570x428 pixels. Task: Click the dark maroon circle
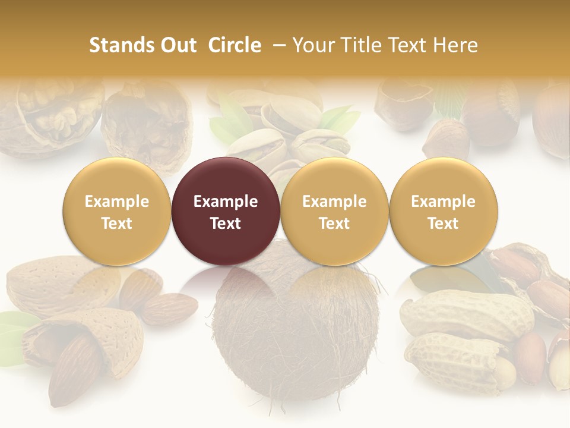coord(226,211)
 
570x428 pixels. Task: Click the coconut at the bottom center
coord(295,333)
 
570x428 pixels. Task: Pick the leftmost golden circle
coord(117,211)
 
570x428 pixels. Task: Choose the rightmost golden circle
coord(444,211)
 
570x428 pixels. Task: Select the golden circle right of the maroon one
coord(334,211)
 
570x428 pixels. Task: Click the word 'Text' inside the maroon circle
coord(226,224)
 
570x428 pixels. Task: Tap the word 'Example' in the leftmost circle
coord(117,202)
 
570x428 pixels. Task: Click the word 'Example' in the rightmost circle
coord(444,202)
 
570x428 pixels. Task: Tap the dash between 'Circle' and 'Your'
coord(279,45)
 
